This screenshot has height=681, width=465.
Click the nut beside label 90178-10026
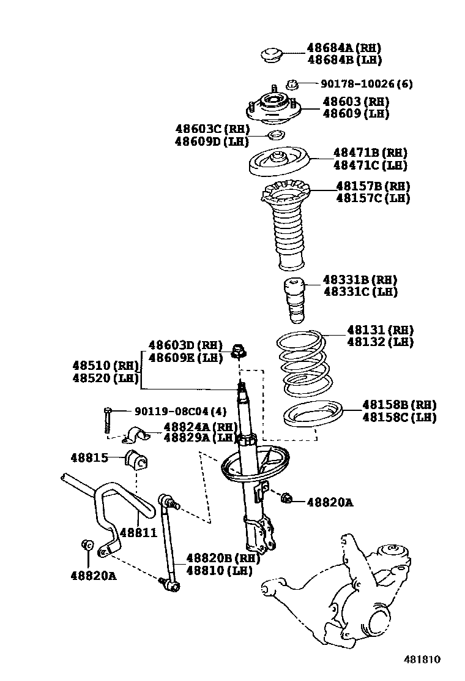292,85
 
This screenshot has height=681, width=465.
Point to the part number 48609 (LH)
355,113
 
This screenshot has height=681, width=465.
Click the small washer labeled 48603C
277,135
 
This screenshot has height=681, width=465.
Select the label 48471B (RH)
370,152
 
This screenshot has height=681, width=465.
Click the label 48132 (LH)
380,342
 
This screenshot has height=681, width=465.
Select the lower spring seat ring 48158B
313,415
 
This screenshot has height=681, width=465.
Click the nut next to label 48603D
239,353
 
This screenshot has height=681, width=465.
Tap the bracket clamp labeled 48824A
137,435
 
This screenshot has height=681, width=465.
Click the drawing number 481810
422,660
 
